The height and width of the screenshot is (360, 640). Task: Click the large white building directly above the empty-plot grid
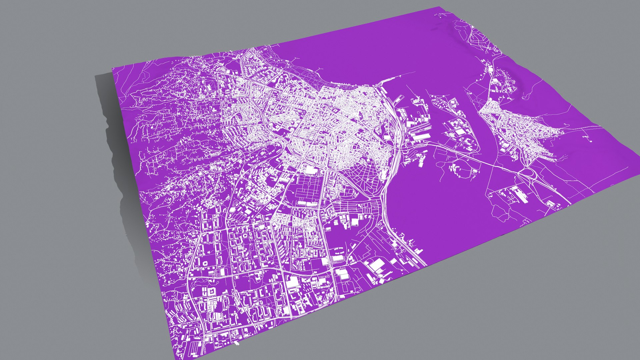pyautogui.click(x=310, y=170)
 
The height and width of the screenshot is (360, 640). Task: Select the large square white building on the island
pyautogui.click(x=460, y=132)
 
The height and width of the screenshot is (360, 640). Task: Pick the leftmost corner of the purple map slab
pyautogui.click(x=112, y=68)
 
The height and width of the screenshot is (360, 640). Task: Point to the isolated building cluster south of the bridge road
pyautogui.click(x=463, y=170)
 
